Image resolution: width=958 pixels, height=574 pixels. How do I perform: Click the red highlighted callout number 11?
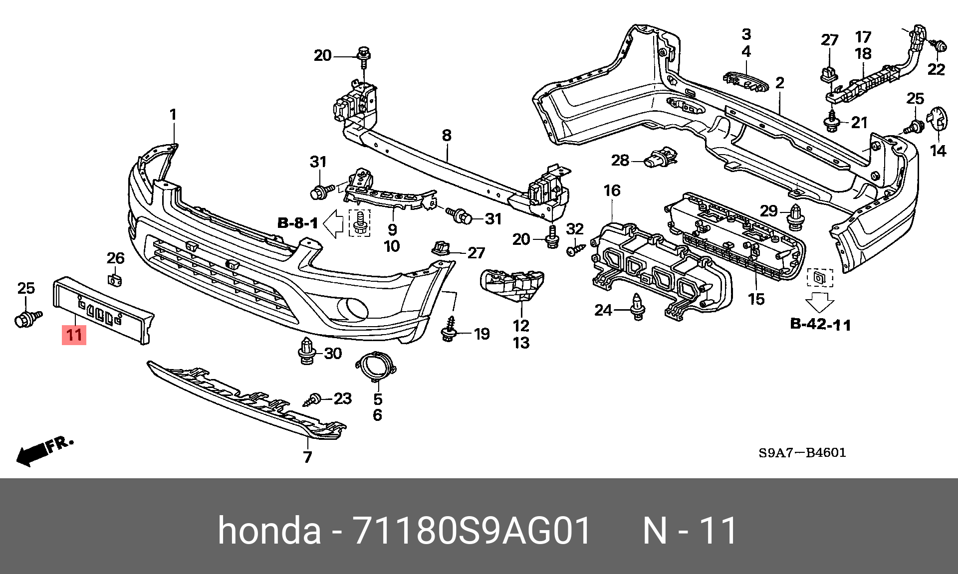coord(74,335)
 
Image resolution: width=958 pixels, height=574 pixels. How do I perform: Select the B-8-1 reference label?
coord(297,223)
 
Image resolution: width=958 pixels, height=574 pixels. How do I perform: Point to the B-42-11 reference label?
coord(821,325)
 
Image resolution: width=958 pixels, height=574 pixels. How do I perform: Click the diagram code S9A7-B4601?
coord(802,453)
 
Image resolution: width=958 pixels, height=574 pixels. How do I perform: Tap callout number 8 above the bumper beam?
coord(447,135)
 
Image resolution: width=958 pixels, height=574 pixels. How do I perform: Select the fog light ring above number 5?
coord(377,370)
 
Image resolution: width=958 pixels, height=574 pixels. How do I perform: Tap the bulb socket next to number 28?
coord(659,161)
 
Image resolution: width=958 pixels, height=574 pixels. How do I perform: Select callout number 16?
coord(612,191)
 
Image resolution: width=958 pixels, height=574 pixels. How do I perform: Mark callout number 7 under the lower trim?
coord(307,457)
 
